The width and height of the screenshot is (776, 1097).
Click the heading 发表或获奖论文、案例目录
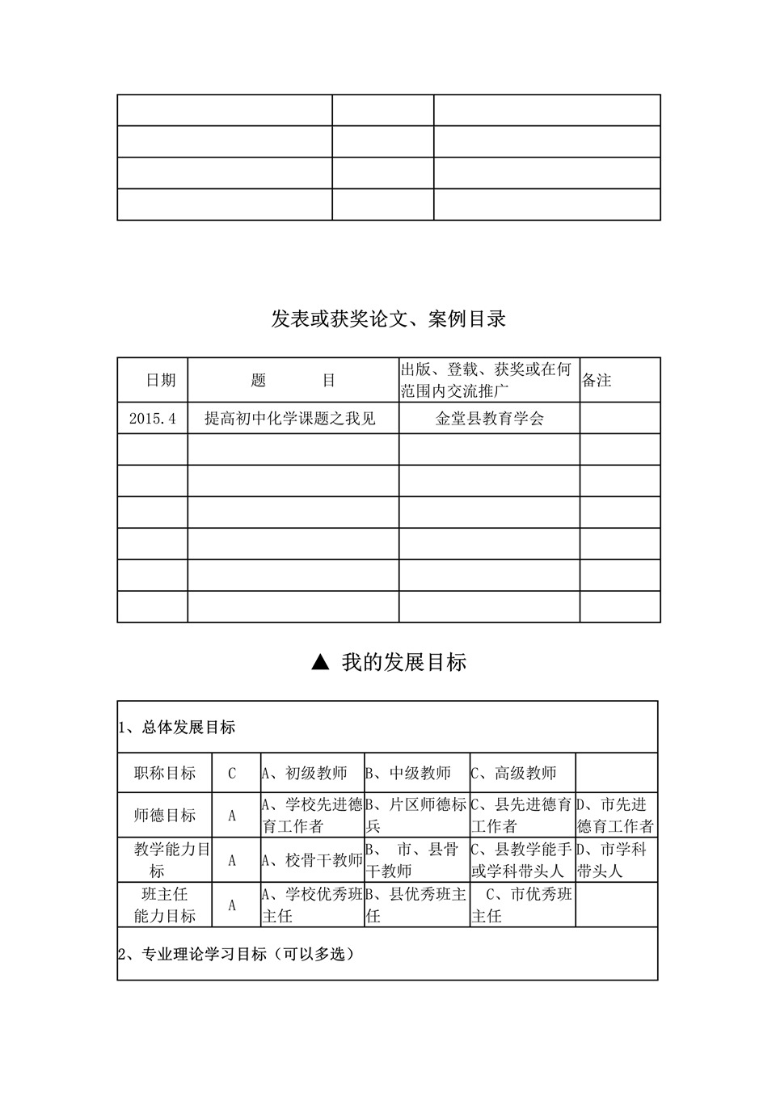coord(388,319)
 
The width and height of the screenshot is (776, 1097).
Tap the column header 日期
coord(160,380)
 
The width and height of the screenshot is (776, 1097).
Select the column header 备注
coord(597,380)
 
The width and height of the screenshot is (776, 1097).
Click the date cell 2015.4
coord(152,419)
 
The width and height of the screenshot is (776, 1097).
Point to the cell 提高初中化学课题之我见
coord(290,419)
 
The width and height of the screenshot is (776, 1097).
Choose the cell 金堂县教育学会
coord(489,419)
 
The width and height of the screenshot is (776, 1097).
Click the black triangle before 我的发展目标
coord(320,663)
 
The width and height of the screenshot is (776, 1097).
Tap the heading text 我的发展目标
coord(403,663)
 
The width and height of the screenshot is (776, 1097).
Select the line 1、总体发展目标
coord(178,728)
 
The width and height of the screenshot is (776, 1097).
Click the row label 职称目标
coord(165,774)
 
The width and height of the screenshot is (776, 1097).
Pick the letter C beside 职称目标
coord(232,774)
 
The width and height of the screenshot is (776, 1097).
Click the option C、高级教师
coord(514,774)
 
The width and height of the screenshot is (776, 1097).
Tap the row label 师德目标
coord(165,815)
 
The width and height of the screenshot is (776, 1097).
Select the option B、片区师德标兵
coord(416,815)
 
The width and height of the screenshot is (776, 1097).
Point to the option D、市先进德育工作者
coord(615,815)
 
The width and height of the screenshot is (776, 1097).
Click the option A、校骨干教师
coord(312,860)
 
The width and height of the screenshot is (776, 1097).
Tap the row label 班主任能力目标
coord(165,905)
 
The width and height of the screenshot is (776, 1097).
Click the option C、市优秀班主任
coord(522,905)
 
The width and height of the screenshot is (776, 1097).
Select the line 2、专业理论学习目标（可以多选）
coord(237,954)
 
